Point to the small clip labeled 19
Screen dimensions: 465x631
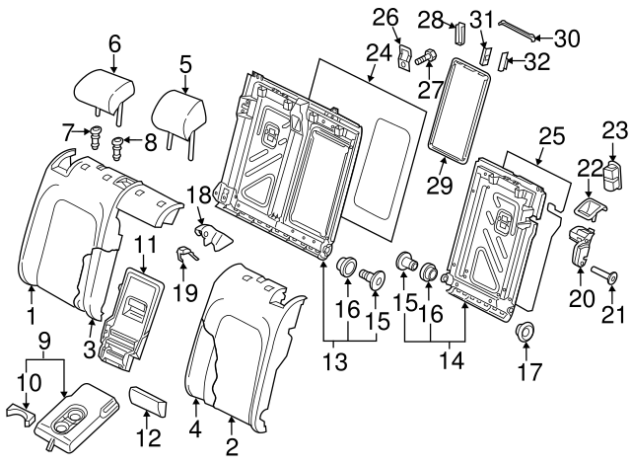[185, 259]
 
